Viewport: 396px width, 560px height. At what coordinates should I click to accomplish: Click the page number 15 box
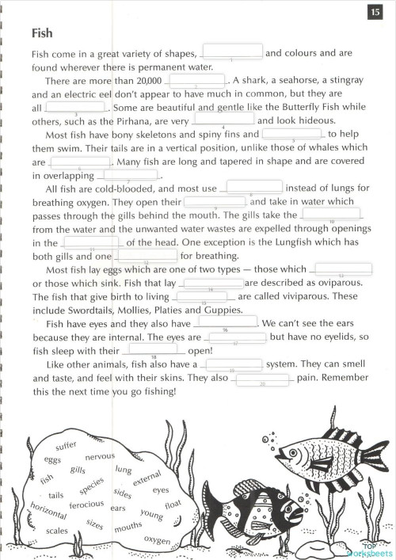tap(375, 12)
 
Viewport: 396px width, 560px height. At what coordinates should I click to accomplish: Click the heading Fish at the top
tap(43, 33)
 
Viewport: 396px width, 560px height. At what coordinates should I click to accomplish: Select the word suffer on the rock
tap(66, 447)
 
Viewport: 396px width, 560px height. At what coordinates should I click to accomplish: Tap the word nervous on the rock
tap(100, 457)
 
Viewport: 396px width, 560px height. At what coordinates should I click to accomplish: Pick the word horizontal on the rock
tap(47, 511)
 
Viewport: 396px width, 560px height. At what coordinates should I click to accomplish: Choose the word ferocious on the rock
tap(86, 505)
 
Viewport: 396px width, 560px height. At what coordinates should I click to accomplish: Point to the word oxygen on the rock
tap(157, 540)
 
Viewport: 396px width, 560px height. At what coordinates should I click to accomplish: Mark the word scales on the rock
tap(57, 531)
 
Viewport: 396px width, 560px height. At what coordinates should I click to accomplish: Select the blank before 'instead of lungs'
tap(254, 188)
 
